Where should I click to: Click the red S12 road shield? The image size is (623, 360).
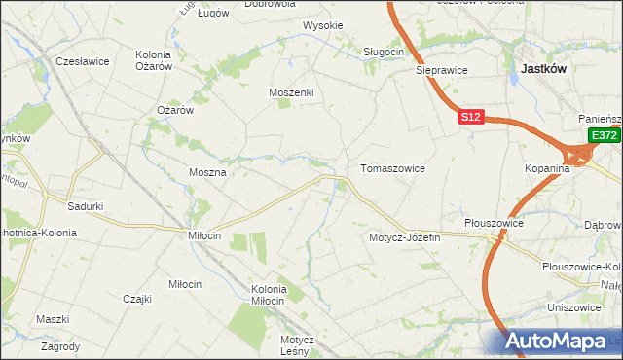pos(470,117)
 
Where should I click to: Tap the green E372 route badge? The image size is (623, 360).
pos(605,135)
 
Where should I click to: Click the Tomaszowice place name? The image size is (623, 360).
pos(392,168)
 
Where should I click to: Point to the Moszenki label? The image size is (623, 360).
pos(291,92)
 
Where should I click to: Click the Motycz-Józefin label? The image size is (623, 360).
pos(405,237)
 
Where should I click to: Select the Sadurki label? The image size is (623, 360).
pos(86,206)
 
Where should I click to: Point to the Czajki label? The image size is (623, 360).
pos(137,299)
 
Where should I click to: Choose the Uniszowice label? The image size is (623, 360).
pos(572,306)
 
